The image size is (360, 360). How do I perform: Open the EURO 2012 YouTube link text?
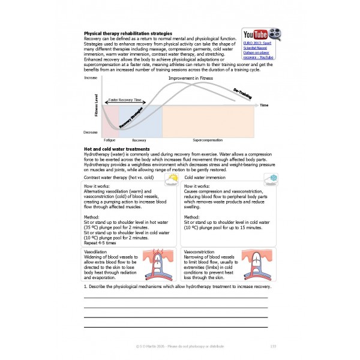259,50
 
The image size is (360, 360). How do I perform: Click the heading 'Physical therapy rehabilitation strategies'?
128,33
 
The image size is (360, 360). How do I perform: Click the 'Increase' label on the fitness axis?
91,79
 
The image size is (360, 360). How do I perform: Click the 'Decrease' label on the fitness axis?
91,132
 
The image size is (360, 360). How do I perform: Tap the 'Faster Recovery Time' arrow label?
125,100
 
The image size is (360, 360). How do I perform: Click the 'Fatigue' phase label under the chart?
109,139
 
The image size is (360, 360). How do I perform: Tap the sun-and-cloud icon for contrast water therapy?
172,178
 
